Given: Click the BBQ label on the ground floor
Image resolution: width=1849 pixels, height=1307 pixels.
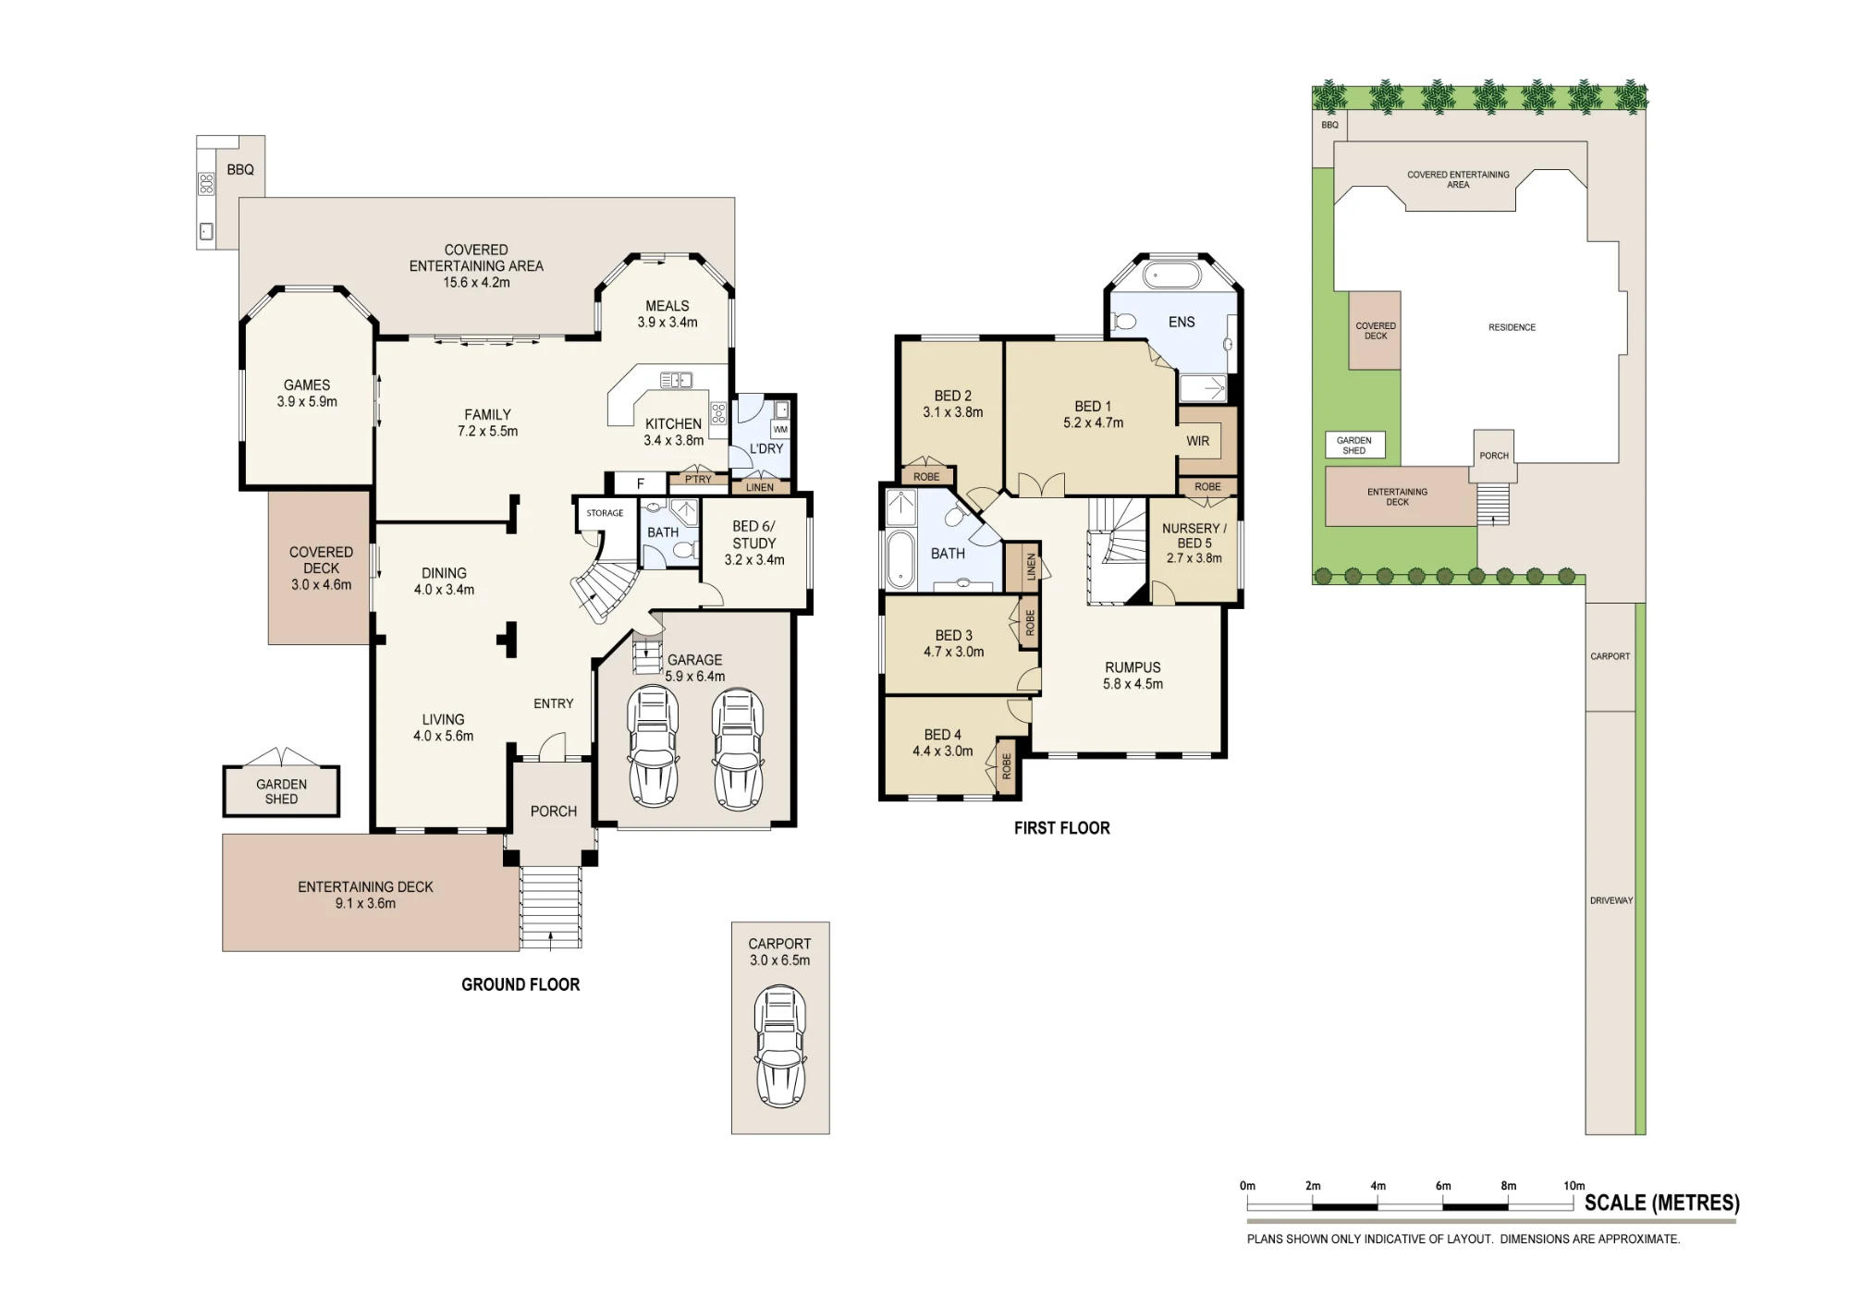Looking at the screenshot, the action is pyautogui.click(x=240, y=170).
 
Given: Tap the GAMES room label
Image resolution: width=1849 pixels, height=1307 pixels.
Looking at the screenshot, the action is pyautogui.click(x=307, y=385).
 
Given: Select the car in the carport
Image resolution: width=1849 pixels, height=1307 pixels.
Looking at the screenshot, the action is pyautogui.click(x=780, y=1046).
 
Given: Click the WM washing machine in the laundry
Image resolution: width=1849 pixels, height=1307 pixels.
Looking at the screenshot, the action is pyautogui.click(x=780, y=430).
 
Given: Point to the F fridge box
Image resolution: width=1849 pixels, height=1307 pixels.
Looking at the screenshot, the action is pyautogui.click(x=640, y=483).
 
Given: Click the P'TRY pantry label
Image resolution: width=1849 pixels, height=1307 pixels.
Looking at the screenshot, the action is pyautogui.click(x=699, y=480).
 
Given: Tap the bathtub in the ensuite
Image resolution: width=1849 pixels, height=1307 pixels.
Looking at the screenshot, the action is pyautogui.click(x=1172, y=275).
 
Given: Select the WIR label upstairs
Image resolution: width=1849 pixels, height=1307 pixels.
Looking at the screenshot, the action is pyautogui.click(x=1198, y=442).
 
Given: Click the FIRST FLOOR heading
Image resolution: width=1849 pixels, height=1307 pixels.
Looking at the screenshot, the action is pyautogui.click(x=1062, y=828).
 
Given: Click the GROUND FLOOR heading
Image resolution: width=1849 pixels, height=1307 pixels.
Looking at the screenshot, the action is pyautogui.click(x=520, y=985).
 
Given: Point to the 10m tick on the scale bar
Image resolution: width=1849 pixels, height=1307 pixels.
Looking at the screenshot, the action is pyautogui.click(x=1573, y=1202).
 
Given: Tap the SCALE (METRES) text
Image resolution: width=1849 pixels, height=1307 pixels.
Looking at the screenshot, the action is pyautogui.click(x=1662, y=1203).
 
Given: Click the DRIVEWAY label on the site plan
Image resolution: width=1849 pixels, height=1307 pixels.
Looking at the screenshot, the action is pyautogui.click(x=1611, y=900).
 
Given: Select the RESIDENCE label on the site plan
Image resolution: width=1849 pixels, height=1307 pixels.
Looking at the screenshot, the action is pyautogui.click(x=1512, y=327).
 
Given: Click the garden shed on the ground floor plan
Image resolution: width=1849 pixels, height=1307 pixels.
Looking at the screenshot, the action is pyautogui.click(x=281, y=791).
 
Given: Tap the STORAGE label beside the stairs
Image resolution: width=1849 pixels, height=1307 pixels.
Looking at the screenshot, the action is pyautogui.click(x=605, y=513).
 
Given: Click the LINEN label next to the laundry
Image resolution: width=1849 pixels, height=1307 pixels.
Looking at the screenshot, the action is pyautogui.click(x=760, y=487).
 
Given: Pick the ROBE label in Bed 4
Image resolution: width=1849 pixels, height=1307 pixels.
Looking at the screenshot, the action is pyautogui.click(x=1007, y=766).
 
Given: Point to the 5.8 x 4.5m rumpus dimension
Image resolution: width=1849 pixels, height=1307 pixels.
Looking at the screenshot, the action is pyautogui.click(x=1133, y=685).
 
